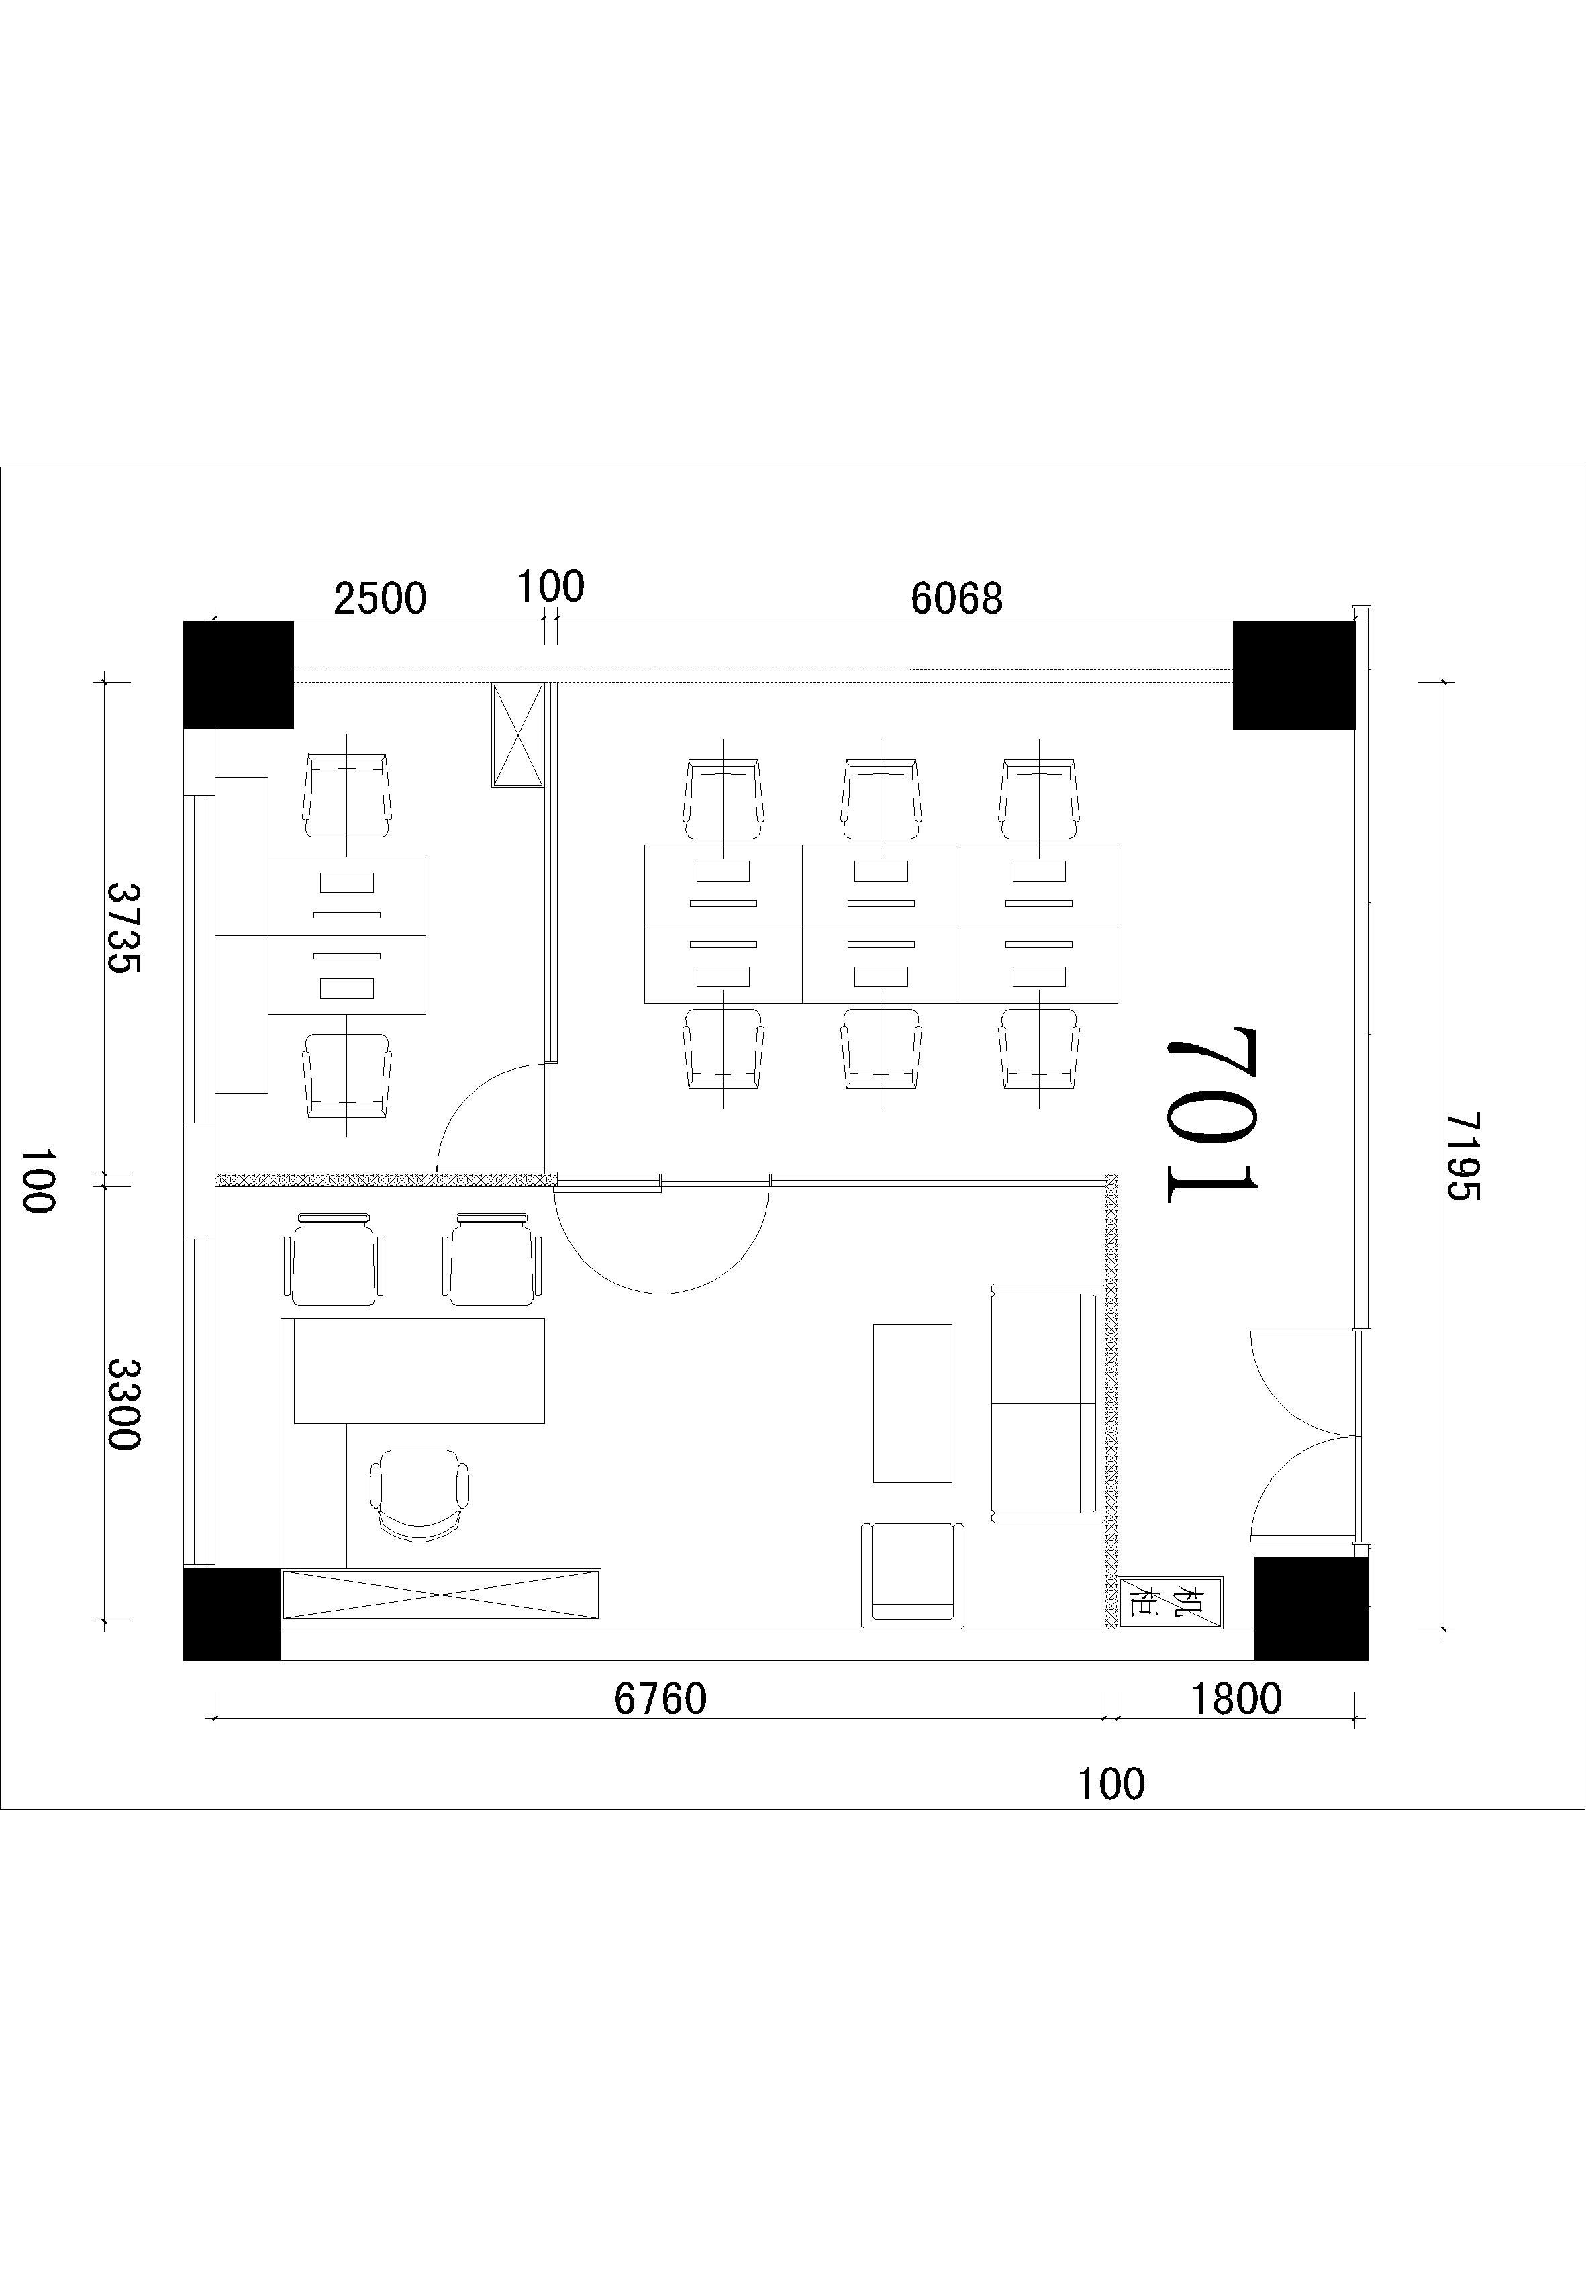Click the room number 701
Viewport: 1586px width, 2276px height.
coord(1211,1115)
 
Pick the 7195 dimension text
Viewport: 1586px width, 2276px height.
coord(1462,1156)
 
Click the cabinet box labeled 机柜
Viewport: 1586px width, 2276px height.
coord(1171,1602)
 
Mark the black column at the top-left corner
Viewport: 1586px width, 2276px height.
coord(239,675)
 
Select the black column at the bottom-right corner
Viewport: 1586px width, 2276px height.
coord(1311,1609)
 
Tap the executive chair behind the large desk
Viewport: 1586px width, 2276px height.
coord(419,1495)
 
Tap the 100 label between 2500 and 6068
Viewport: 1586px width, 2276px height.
coord(550,587)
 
